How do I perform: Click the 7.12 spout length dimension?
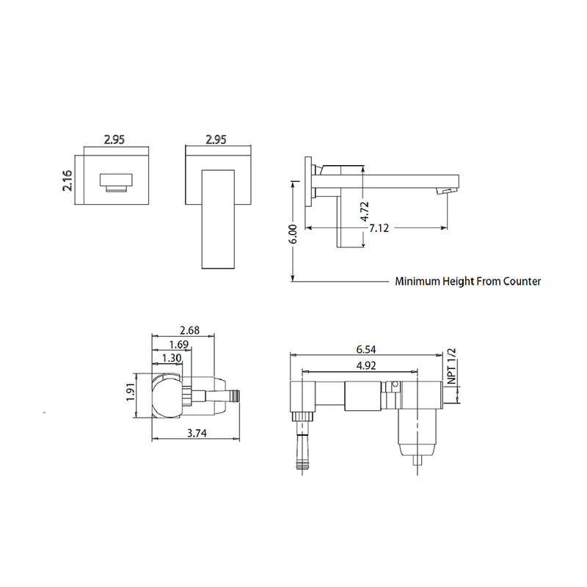tap(379, 228)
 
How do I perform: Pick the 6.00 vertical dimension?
tap(293, 234)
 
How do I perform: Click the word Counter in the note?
tap(522, 281)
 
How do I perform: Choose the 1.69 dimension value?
tap(177, 344)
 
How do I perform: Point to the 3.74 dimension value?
tap(197, 434)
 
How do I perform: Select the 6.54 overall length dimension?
tap(367, 350)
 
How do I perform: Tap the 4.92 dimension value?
tap(367, 365)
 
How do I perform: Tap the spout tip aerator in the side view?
tap(444, 191)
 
